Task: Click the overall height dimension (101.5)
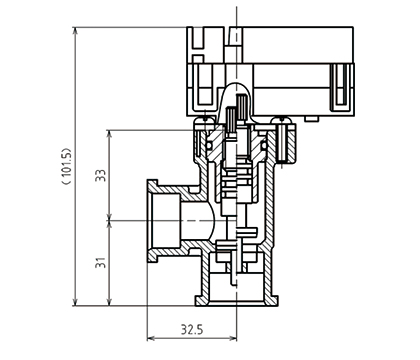67,166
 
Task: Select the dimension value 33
101,175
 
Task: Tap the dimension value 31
101,262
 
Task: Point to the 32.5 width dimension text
192,329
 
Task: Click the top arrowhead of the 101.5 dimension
75,31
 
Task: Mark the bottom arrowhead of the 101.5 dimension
75,302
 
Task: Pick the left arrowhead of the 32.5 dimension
151,338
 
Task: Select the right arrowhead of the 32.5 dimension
233,338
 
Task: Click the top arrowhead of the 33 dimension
109,134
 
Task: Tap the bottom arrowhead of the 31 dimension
109,302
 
